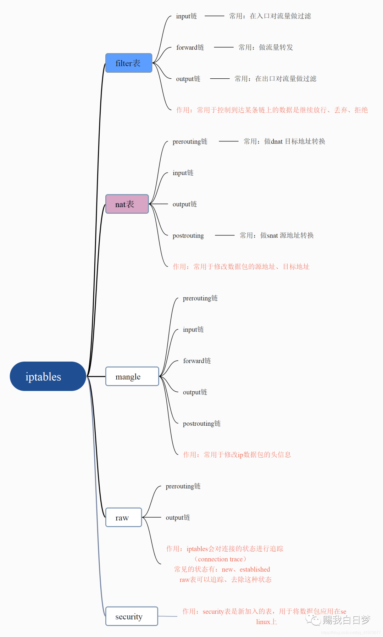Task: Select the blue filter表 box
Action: pos(129,63)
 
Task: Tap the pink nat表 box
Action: pos(127,204)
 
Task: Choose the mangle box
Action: pos(132,376)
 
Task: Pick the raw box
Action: pos(123,517)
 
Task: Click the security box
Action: pos(132,616)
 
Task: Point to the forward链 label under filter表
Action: pos(190,48)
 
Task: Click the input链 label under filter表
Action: pos(187,16)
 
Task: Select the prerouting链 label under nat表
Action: pos(190,141)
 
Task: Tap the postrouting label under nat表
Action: pos(188,235)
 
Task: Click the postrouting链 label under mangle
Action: pos(202,424)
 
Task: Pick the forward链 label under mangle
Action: pos(197,361)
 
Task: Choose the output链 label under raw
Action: pos(178,518)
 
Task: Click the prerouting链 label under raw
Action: pos(183,486)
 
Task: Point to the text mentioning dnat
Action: pos(284,141)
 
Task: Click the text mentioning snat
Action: pos(277,235)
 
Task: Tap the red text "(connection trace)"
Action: pos(220,559)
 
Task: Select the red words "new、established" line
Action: pos(222,569)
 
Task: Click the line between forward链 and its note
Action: pos(224,47)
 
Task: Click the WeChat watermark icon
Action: pos(313,620)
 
